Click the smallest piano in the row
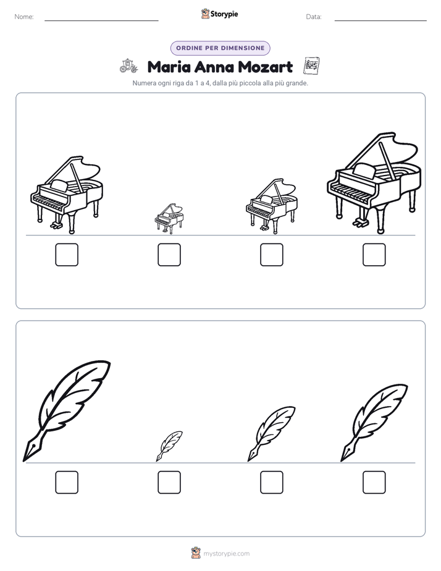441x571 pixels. pos(169,219)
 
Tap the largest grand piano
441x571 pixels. pos(374,183)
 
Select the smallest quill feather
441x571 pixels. pos(169,446)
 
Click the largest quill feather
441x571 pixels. pos(67,411)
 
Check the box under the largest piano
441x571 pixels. pos(374,255)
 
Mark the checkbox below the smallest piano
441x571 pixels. pos(169,255)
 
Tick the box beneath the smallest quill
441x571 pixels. pos(169,483)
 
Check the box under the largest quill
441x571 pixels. pos(67,483)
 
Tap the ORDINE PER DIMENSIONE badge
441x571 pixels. pos(220,48)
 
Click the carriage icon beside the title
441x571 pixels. pos(129,66)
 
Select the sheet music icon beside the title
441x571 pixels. pos(311,66)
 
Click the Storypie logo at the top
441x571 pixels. pos(219,14)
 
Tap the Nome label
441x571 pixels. pos(24,17)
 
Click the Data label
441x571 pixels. pos(314,17)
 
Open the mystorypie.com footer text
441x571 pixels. pos(226,554)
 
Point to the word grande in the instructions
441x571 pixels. pos(297,83)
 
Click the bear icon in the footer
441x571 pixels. pos(196,553)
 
